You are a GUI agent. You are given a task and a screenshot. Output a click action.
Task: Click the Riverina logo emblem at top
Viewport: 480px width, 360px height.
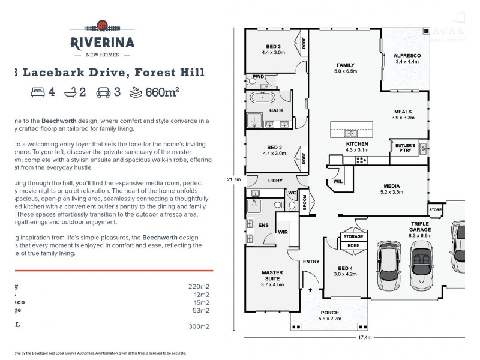click(102, 25)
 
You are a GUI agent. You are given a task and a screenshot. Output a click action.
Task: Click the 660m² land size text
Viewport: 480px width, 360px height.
click(163, 92)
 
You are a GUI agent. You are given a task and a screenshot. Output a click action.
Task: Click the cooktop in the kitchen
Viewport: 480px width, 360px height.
click(362, 160)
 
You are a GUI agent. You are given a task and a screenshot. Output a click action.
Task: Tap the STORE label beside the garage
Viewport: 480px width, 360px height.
click(435, 209)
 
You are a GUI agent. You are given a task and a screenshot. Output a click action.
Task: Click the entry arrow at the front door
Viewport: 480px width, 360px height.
click(310, 289)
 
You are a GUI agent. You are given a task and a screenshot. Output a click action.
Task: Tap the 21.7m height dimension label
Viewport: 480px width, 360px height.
click(233, 179)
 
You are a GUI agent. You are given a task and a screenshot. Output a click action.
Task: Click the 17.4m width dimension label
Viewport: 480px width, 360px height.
click(364, 338)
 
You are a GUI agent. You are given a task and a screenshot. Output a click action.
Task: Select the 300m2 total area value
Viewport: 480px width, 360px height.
click(199, 327)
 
